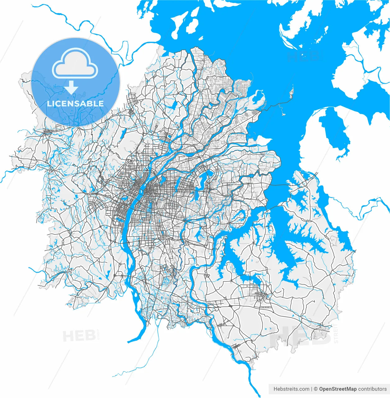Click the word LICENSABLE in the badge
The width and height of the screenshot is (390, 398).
click(75, 104)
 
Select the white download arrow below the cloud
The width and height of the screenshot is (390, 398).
click(71, 87)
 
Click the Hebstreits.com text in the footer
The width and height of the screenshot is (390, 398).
click(291, 389)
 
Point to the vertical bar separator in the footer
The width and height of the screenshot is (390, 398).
click(312, 389)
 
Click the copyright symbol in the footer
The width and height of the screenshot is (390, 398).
click(316, 389)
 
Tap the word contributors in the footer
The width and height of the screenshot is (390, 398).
click(372, 389)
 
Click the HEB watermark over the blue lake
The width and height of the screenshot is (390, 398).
click(303, 56)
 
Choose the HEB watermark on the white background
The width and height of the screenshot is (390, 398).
click(79, 336)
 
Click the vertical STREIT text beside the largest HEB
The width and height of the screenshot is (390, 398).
click(336, 333)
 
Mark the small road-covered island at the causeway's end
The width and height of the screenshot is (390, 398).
click(291, 93)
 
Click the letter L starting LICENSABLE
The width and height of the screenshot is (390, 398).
click(49, 104)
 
